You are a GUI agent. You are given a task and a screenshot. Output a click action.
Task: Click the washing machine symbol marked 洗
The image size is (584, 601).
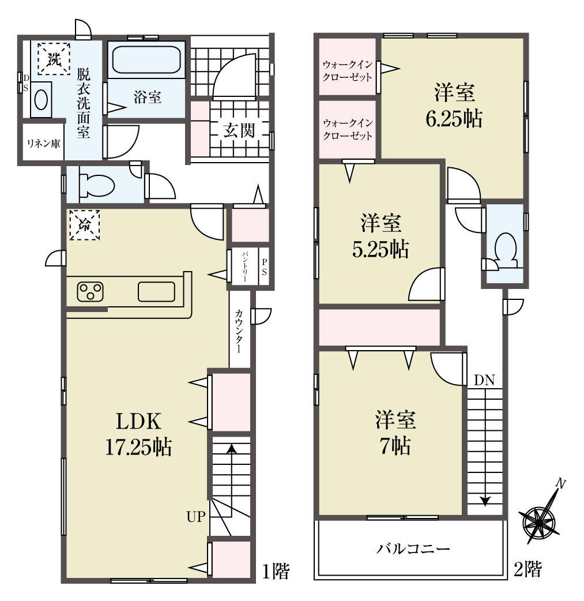54,59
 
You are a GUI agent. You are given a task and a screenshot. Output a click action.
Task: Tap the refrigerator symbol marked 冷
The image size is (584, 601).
84,225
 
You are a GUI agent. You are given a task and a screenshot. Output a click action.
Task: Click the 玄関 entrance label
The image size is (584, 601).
239,131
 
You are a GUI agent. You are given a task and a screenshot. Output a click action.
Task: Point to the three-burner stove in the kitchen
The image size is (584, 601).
91,292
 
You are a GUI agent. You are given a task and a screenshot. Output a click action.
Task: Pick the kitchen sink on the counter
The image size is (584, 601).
156,292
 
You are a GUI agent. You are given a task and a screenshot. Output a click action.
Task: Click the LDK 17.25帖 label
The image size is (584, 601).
138,434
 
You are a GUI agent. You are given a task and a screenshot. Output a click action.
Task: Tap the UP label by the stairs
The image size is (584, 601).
196,517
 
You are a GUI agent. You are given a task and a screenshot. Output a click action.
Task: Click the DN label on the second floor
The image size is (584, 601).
484,380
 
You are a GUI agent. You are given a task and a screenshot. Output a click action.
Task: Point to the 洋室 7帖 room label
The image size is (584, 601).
395,433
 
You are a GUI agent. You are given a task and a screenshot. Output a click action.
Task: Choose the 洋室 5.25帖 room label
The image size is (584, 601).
380,236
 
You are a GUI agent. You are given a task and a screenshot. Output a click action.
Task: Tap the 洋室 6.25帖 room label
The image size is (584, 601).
454,106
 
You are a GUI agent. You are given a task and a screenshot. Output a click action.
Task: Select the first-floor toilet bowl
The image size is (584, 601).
97,185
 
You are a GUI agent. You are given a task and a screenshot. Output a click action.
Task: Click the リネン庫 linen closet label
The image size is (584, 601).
43,144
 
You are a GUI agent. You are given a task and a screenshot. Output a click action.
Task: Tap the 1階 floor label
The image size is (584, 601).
276,571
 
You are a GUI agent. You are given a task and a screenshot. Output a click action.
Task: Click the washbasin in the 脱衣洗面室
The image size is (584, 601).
41,100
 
